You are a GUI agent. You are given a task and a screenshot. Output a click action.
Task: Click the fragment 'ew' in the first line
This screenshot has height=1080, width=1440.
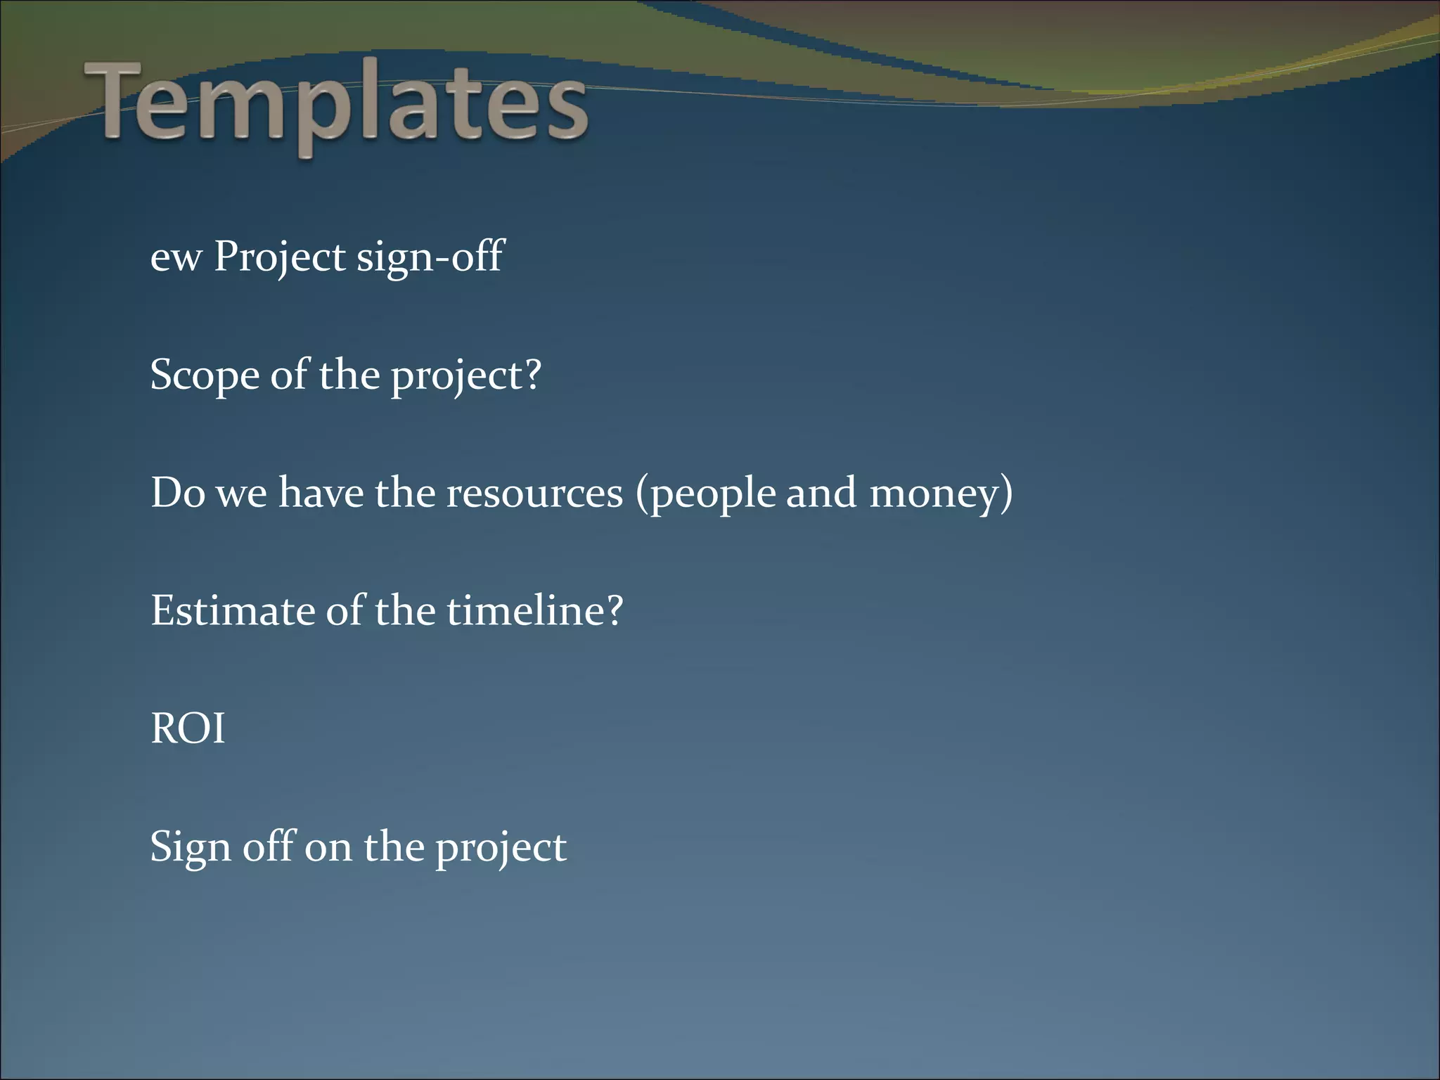[176, 257]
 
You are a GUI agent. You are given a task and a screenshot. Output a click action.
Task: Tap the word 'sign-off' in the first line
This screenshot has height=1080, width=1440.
[430, 257]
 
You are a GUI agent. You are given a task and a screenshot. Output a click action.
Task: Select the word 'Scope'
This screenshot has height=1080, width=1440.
[205, 375]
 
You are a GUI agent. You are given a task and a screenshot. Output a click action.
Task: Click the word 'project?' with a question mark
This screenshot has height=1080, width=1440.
[465, 377]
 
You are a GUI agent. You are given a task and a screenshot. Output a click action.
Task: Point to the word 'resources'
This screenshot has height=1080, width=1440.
[534, 493]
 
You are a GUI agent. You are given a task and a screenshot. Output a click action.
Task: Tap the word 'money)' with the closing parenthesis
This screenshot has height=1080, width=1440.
[941, 494]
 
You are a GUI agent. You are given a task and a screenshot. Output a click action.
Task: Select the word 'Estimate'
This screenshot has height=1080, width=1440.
[232, 610]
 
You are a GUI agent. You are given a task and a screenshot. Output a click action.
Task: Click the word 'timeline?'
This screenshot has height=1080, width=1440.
[534, 610]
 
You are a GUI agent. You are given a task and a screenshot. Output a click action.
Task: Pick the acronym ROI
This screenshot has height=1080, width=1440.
[188, 728]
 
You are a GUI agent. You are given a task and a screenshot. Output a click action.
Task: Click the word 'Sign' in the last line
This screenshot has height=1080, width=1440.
[191, 847]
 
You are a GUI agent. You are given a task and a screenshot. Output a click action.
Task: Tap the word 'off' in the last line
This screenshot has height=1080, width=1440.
[269, 846]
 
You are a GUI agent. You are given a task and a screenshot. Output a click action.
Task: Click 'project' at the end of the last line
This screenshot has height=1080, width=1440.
[500, 849]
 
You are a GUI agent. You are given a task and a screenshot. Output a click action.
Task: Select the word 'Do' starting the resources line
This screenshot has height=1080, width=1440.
[178, 493]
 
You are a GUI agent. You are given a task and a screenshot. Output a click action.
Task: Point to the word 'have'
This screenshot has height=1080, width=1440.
[321, 493]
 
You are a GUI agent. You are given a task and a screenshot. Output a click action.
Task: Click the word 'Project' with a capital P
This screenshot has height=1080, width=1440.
[280, 257]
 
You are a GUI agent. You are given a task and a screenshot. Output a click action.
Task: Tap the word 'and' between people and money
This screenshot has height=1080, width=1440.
[821, 493]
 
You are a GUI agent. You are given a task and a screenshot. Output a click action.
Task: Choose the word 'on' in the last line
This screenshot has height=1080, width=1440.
[328, 847]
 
